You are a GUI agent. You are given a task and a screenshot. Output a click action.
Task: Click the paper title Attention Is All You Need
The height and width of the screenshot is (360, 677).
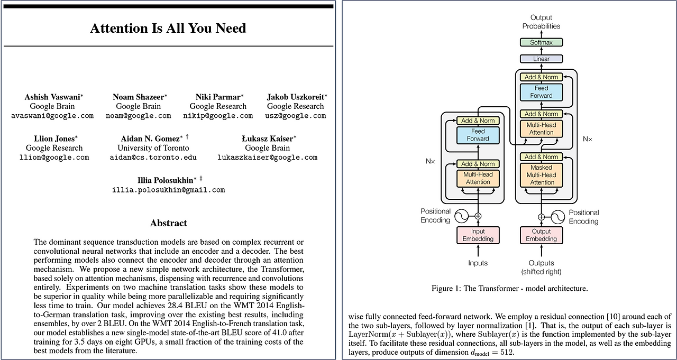168,28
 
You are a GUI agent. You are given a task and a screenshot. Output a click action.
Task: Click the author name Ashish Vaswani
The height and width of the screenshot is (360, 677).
51,97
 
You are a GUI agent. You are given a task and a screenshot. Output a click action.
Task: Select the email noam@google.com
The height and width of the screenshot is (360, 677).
138,116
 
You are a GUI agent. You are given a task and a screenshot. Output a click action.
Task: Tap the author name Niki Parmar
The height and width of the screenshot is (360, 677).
217,97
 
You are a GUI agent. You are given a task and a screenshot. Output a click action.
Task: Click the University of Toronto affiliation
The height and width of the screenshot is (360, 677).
153,148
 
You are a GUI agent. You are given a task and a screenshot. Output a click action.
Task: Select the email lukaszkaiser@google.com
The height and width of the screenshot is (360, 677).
267,158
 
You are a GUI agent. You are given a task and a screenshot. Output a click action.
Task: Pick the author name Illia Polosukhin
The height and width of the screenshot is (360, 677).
166,180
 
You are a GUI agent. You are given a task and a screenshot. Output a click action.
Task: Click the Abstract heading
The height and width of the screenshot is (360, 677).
168,223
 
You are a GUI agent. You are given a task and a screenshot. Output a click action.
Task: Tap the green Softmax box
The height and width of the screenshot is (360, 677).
541,42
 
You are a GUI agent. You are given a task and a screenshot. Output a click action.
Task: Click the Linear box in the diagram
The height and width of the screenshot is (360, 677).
541,59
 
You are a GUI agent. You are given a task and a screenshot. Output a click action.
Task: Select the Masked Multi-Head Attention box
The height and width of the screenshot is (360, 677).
542,175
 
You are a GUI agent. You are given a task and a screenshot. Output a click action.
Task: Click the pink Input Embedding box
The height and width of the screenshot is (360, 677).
478,235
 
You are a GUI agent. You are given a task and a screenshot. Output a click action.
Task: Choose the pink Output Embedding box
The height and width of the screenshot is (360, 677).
541,235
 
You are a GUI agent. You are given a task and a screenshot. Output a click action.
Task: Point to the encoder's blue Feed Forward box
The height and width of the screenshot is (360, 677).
478,135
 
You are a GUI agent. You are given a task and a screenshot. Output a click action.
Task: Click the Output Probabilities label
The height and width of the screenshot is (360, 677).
541,22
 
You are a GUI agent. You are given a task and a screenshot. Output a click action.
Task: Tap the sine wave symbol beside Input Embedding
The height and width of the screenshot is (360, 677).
461,216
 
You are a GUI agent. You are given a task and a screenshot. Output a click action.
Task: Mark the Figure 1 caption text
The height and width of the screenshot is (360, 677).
509,289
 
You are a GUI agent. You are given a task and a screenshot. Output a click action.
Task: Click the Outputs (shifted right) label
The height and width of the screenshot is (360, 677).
541,267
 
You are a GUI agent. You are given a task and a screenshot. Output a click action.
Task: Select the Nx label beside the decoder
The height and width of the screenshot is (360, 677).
588,139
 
